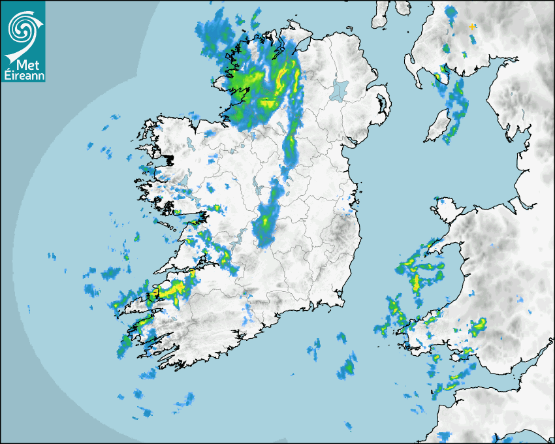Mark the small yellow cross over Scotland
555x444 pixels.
[472, 26]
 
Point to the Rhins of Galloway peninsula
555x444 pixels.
[413, 69]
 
